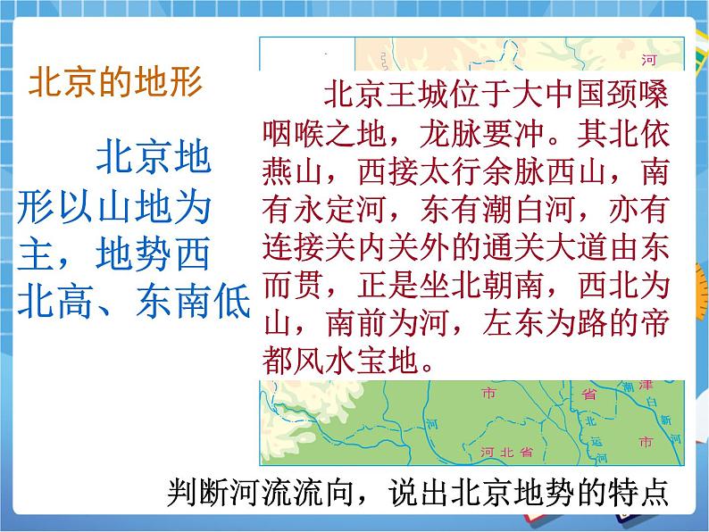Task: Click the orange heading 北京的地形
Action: [116, 83]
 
